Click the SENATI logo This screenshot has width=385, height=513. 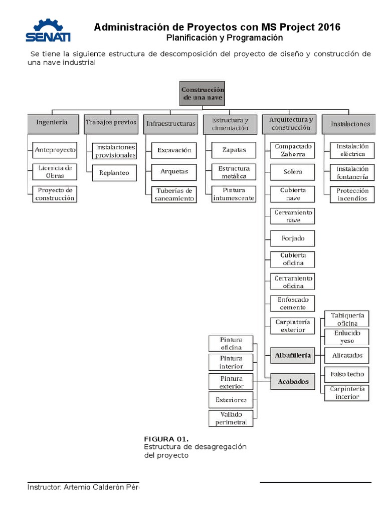(x=48, y=31)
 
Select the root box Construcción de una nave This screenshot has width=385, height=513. (x=202, y=93)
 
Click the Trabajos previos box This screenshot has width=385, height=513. (x=111, y=123)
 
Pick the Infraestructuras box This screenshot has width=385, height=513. (x=170, y=123)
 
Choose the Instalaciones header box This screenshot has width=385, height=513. (x=350, y=124)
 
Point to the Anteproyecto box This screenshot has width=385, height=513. (x=55, y=149)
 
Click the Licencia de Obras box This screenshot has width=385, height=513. (x=55, y=171)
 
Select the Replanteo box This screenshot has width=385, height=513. (x=114, y=173)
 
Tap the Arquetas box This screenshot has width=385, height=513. (x=174, y=171)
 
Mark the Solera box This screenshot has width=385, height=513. (x=293, y=172)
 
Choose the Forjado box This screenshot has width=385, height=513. (x=293, y=238)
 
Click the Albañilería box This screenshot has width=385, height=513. (x=293, y=356)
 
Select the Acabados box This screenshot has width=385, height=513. (x=293, y=382)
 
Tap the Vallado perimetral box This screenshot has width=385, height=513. (x=231, y=418)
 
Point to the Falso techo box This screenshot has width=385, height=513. (x=347, y=374)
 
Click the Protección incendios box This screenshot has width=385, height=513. (x=352, y=194)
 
